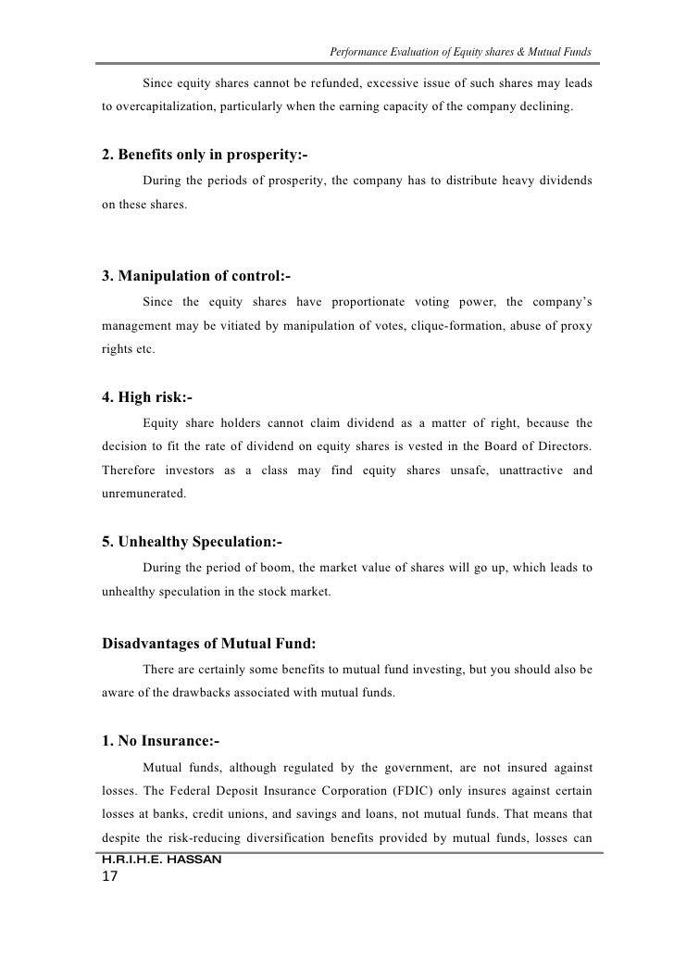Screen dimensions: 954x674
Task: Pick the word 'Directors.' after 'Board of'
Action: (x=563, y=446)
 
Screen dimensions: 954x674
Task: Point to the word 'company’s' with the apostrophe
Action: (x=563, y=301)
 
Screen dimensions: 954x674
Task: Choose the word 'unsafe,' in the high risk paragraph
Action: (x=460, y=471)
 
